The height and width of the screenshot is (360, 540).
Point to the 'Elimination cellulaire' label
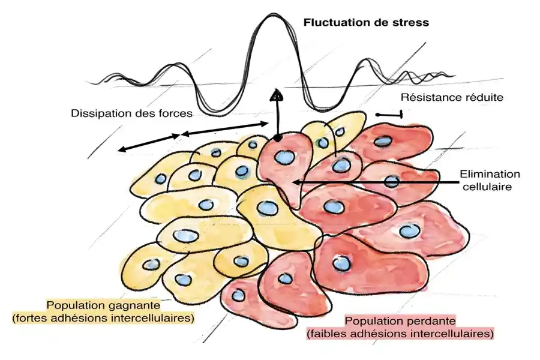point(490,180)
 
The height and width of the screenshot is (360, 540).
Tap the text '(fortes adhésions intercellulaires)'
point(103,317)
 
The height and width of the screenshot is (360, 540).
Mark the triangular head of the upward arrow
point(276,94)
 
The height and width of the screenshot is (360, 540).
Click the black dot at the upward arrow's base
point(277,139)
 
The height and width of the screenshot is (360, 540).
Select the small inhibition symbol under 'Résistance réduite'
point(389,113)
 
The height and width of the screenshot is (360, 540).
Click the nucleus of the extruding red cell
point(283,158)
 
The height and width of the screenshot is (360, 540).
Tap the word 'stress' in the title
point(411,24)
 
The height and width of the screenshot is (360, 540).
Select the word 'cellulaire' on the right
point(490,186)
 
